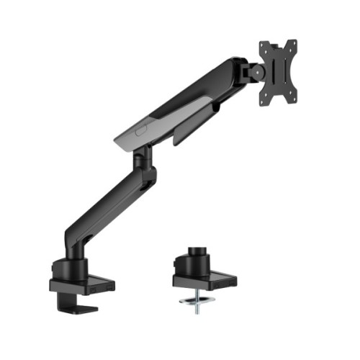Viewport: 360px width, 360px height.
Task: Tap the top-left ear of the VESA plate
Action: (264, 45)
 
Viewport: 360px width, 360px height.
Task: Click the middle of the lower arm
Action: (108, 209)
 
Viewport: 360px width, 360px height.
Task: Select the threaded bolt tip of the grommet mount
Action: (195, 309)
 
